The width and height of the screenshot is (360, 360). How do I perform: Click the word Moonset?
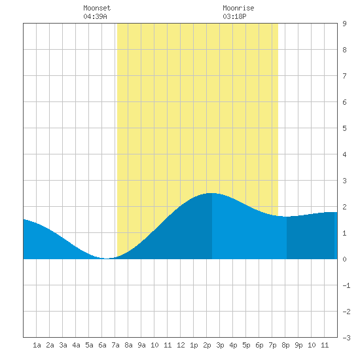click(97, 8)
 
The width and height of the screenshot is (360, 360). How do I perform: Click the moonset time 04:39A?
click(95, 16)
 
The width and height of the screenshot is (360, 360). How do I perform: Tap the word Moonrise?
click(238, 8)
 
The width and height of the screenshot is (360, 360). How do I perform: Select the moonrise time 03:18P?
click(234, 16)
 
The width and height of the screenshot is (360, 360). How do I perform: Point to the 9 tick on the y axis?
click(344, 24)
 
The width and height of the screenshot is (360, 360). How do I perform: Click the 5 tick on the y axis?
click(344, 128)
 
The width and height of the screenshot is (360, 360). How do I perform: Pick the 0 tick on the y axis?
click(344, 259)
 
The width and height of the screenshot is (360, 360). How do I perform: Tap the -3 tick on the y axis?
click(346, 338)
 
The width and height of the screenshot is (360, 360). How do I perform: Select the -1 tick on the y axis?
click(346, 285)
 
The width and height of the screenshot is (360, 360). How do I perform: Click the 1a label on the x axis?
click(37, 345)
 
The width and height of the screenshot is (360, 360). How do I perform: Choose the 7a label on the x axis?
click(115, 345)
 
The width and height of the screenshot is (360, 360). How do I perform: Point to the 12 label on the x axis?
click(181, 345)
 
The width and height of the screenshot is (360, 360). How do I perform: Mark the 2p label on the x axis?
click(207, 345)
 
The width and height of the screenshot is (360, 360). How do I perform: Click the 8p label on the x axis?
click(285, 345)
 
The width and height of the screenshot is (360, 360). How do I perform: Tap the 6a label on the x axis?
click(102, 345)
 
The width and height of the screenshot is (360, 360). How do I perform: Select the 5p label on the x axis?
click(246, 345)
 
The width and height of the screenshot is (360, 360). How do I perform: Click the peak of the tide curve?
click(212, 193)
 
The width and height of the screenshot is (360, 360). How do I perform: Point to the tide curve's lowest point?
click(107, 259)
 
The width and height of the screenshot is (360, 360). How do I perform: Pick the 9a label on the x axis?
click(141, 345)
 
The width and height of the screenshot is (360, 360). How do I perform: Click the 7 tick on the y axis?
click(344, 76)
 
